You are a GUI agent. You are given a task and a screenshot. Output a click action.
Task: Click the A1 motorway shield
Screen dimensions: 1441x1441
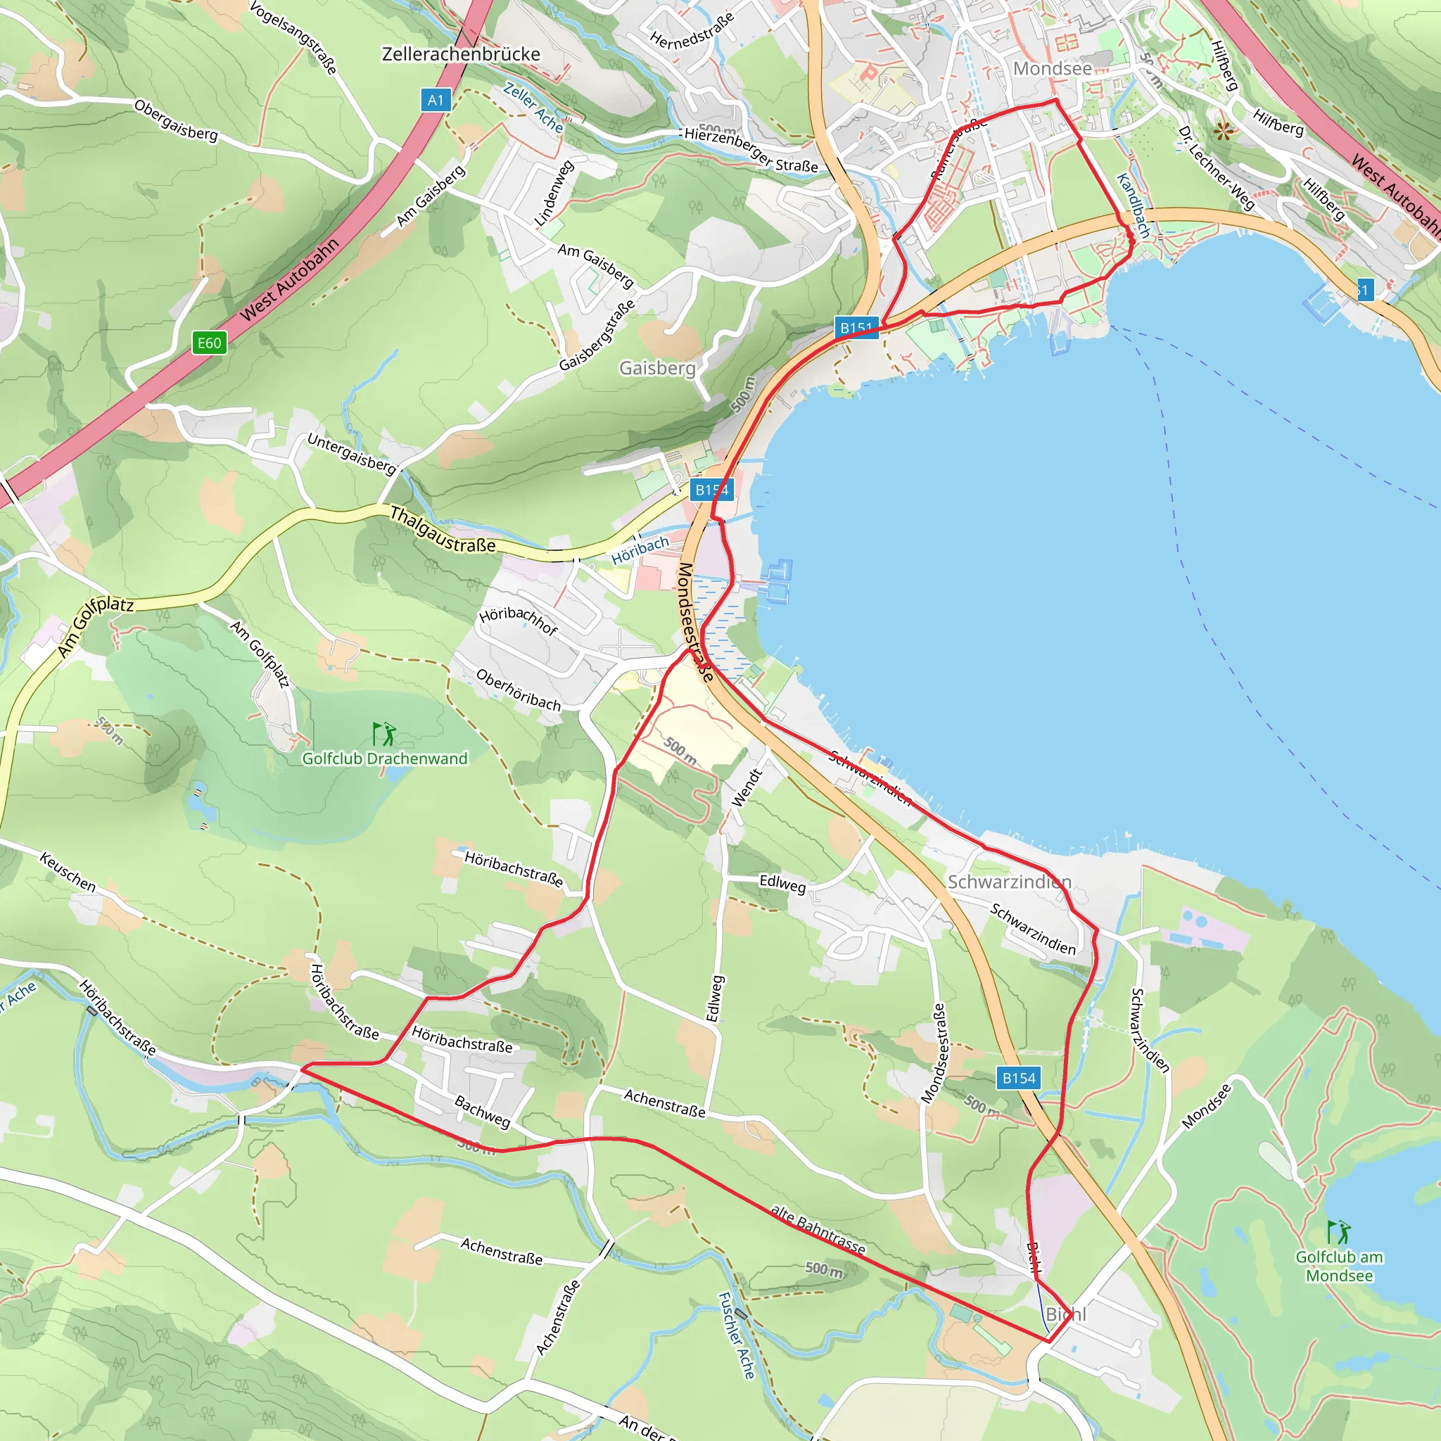point(436,100)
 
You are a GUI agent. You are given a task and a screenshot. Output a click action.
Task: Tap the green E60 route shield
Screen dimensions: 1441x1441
point(209,343)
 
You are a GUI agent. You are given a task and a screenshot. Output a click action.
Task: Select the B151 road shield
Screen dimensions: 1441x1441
point(856,327)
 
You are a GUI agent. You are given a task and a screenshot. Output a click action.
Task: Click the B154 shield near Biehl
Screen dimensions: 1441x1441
point(1019,1078)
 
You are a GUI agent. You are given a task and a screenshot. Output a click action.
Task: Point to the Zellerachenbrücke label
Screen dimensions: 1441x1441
point(461,54)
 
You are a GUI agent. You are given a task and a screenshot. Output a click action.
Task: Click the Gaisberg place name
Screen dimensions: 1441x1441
point(657,368)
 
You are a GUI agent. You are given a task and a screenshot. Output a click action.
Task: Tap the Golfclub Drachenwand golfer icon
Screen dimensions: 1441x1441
point(384,734)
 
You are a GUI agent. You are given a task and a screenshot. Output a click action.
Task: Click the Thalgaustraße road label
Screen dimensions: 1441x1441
point(443,531)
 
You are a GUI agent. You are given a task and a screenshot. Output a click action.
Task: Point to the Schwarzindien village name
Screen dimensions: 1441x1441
point(1009,882)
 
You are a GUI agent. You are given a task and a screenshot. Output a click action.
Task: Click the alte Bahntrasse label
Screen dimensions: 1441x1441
point(818,1231)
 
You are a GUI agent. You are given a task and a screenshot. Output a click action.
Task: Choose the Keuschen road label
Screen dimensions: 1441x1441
point(68,872)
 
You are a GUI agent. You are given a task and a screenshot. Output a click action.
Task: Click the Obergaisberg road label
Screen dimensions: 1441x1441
point(176,120)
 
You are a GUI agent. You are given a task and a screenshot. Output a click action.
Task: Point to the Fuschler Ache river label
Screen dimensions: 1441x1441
point(736,1335)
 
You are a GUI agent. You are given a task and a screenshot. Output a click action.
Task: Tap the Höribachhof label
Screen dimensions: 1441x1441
point(519,620)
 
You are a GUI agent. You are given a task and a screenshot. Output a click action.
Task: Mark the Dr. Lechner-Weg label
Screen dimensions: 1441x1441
point(1217,168)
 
